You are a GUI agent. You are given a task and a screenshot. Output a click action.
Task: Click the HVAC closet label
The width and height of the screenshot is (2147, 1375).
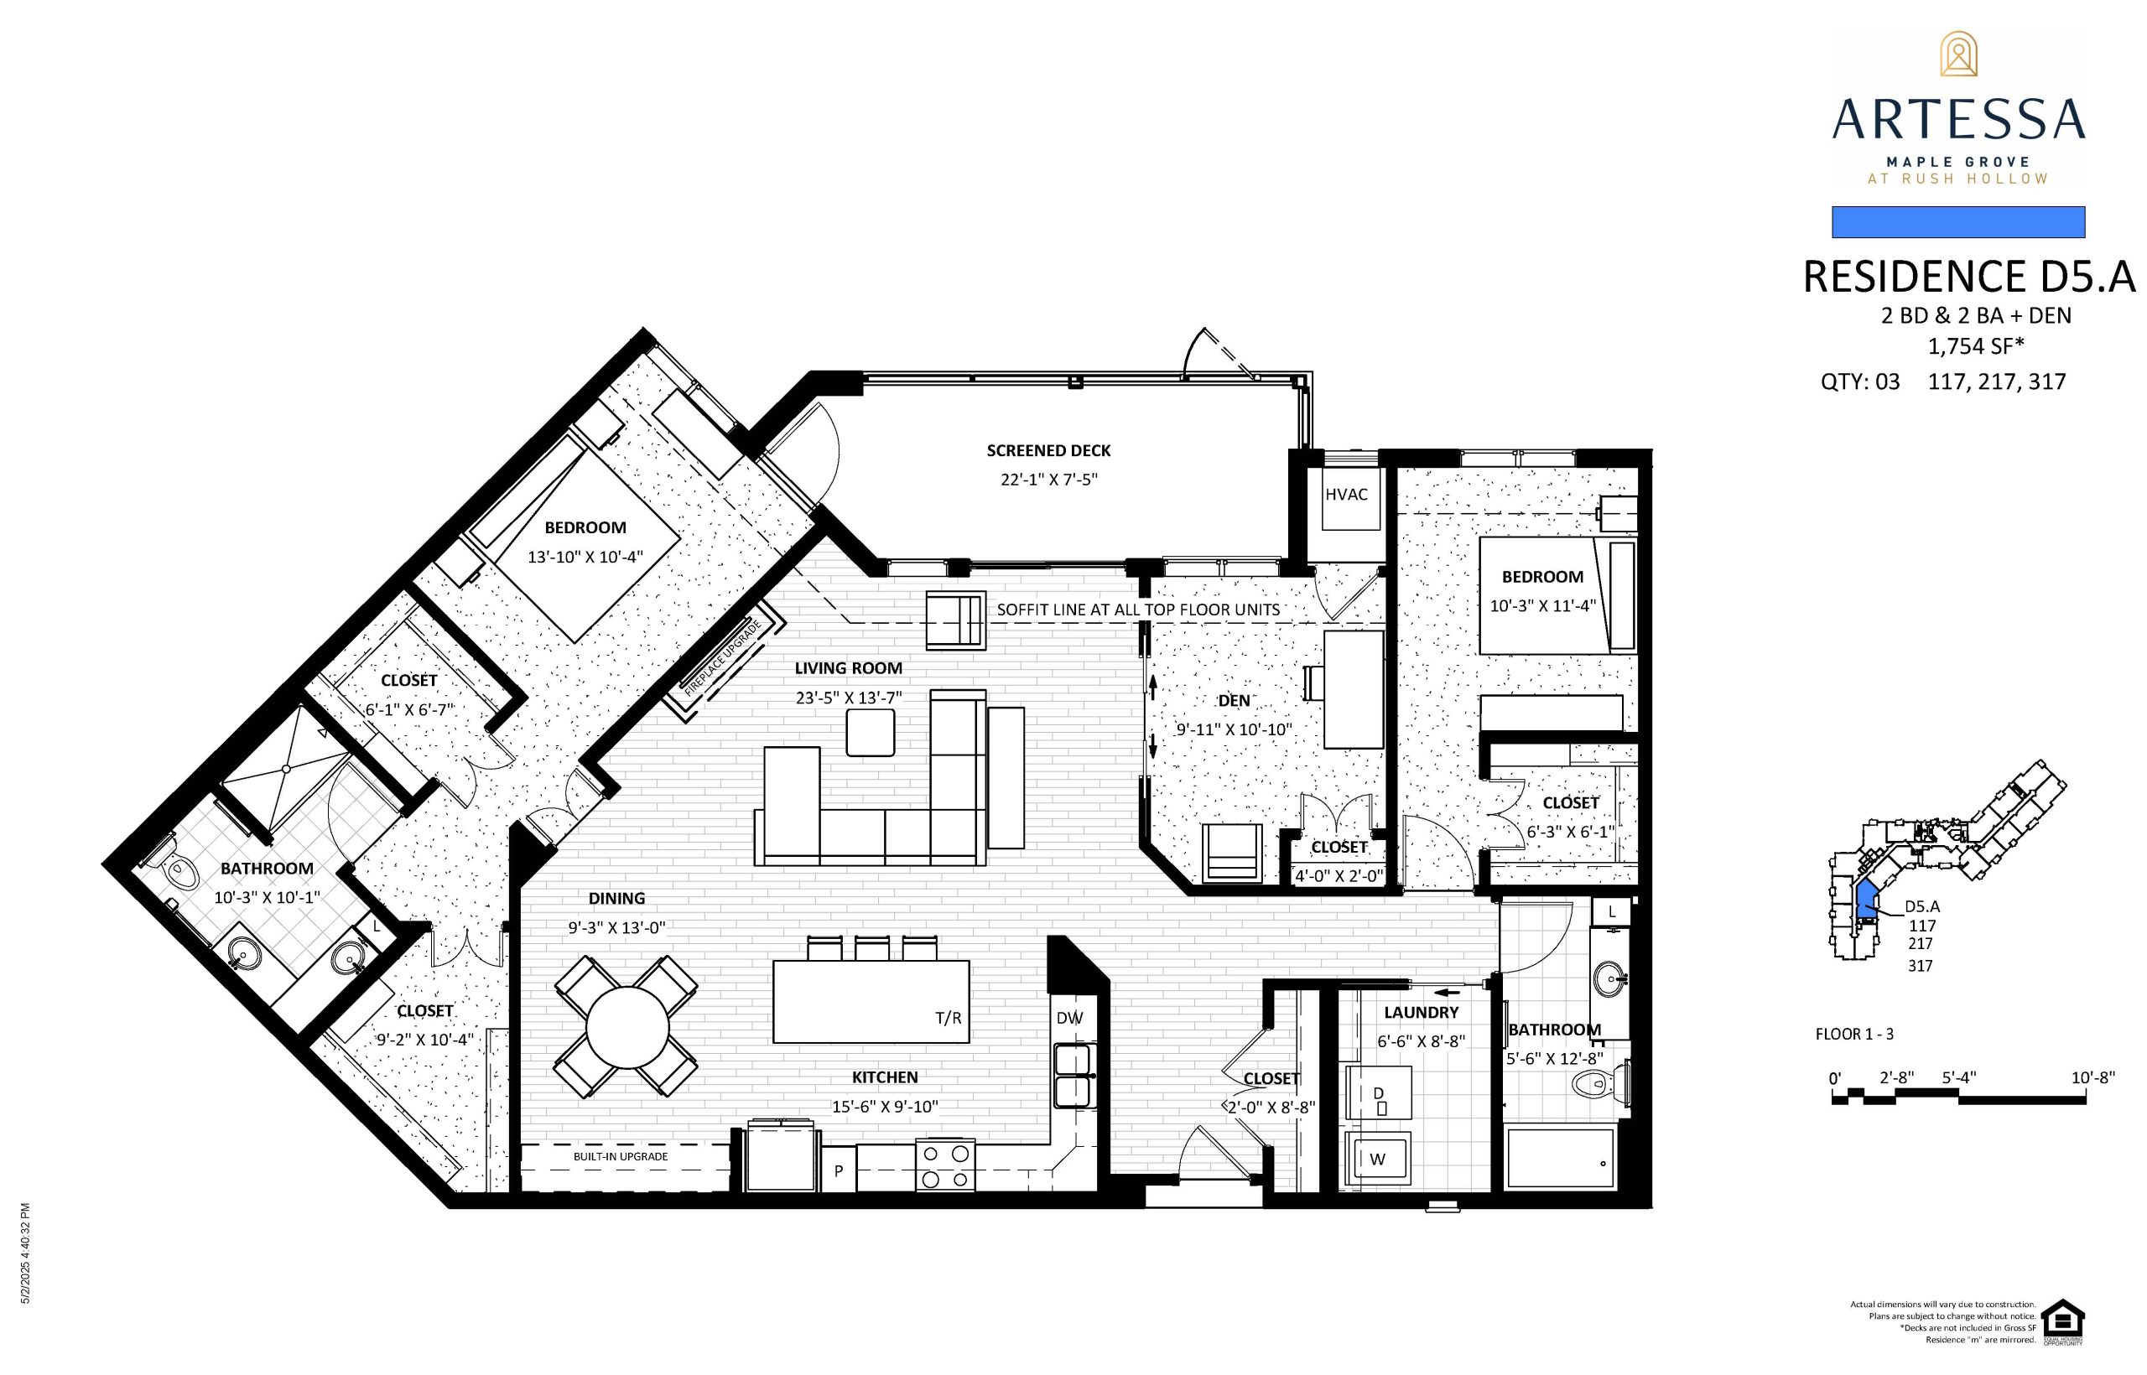1346,494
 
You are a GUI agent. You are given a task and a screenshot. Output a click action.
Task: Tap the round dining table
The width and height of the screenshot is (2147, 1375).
627,1027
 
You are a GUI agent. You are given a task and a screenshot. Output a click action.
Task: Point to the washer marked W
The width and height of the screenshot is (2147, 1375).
1376,1159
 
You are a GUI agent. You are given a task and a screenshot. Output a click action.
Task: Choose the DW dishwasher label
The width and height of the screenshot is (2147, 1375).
1069,1018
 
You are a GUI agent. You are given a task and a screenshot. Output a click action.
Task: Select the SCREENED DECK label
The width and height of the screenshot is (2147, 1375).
1048,451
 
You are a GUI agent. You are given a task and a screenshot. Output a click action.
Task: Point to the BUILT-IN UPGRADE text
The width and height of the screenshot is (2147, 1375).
621,1156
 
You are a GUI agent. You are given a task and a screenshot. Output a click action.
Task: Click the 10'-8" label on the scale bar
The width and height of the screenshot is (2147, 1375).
2093,1077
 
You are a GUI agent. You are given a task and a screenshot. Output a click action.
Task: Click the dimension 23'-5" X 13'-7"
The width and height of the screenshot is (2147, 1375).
849,698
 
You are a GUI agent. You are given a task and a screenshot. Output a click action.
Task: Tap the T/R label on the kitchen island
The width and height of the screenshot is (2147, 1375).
949,1018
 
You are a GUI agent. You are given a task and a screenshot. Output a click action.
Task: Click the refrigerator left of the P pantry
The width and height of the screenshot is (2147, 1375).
783,1157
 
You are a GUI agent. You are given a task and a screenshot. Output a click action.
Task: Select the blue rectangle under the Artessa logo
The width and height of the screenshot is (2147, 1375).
1958,222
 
